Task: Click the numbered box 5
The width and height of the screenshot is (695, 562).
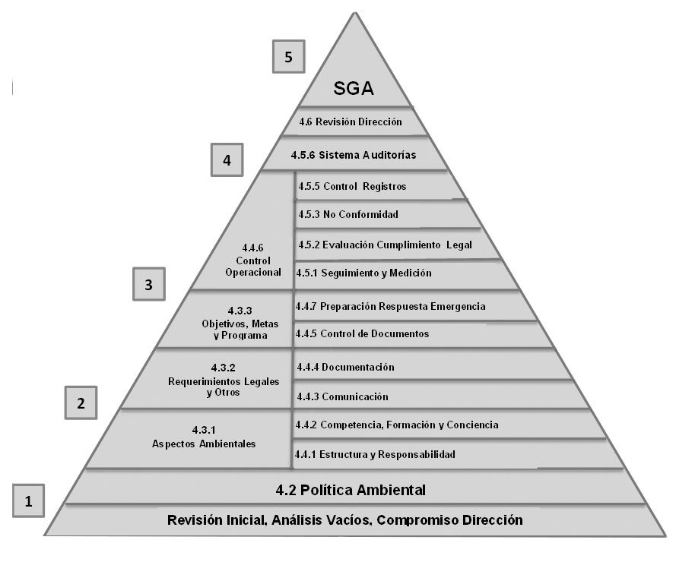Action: [289, 57]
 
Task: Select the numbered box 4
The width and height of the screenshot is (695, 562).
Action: [227, 160]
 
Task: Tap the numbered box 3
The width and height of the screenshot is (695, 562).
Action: [149, 285]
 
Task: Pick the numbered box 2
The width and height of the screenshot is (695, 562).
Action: [81, 403]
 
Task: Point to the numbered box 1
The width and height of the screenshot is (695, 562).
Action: [29, 500]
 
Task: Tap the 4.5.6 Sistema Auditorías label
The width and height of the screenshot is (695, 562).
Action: [354, 155]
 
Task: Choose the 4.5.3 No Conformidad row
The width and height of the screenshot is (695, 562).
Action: [348, 214]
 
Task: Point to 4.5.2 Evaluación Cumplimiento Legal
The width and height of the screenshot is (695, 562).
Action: [385, 245]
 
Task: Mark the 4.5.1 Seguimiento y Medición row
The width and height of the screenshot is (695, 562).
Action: [364, 273]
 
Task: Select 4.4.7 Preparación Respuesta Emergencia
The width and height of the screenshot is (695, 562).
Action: [390, 307]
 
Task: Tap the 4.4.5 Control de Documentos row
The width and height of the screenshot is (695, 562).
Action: [363, 333]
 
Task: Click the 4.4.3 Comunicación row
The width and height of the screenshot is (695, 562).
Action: [343, 396]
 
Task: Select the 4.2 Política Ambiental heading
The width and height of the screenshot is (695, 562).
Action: [351, 490]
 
